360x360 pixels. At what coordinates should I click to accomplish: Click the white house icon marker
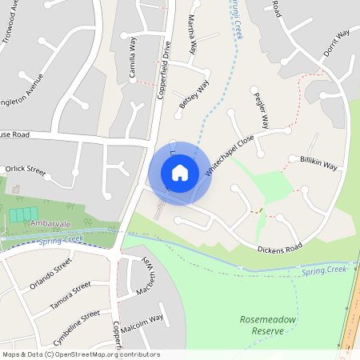point(180,173)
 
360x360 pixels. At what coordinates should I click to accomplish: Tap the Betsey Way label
point(194,94)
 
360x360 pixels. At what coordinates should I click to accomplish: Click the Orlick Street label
point(26,170)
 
